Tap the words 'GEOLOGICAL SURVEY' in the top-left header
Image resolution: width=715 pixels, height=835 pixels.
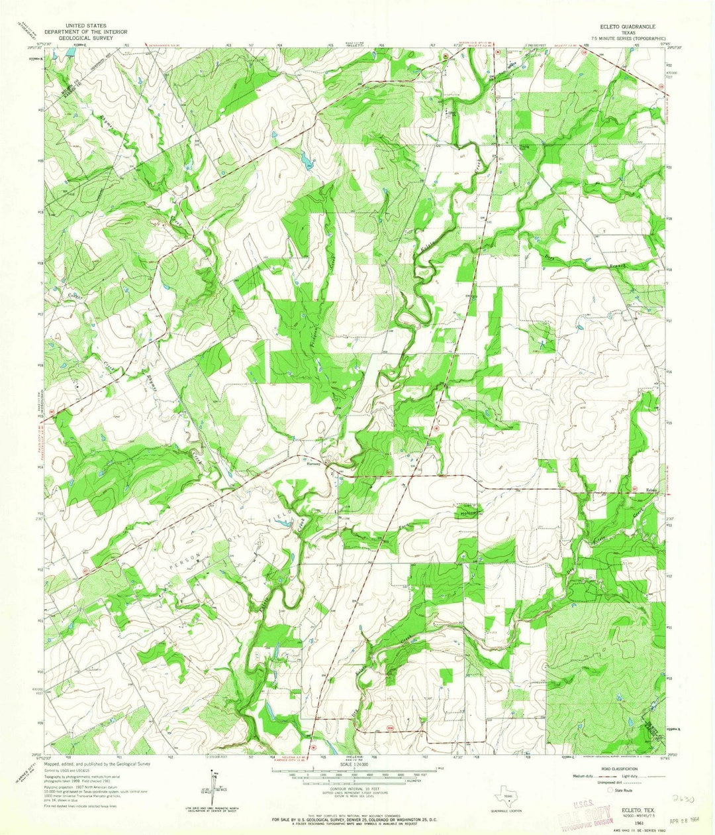pos(76,38)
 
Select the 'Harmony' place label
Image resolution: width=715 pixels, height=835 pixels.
pos(313,464)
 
